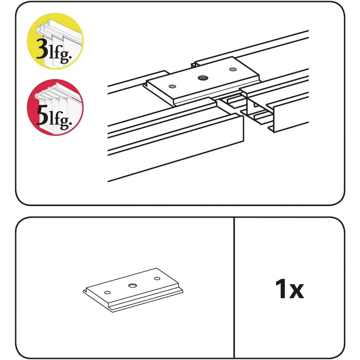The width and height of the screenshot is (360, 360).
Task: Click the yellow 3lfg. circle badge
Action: point(55,41)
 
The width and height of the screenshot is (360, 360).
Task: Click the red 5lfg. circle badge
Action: point(55,107)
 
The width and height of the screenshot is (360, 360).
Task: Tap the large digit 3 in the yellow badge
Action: point(42,48)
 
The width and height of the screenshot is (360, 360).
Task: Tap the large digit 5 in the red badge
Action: point(43,115)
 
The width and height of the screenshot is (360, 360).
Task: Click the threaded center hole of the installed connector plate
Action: point(203,78)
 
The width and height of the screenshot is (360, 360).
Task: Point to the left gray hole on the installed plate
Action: point(172,86)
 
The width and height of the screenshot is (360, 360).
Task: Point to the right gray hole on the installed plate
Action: point(233,69)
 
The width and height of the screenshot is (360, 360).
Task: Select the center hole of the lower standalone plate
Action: point(133,285)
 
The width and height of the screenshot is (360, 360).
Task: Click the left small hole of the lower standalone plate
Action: point(108,292)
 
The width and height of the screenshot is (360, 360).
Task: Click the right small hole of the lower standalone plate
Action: point(157,278)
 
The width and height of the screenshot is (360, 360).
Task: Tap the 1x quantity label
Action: point(290,289)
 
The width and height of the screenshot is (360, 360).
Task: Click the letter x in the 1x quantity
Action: point(296,291)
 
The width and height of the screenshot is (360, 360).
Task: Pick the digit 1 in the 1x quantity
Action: point(281,289)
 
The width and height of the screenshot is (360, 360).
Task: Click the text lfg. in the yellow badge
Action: point(60,53)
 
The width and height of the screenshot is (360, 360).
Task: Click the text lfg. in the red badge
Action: point(60,120)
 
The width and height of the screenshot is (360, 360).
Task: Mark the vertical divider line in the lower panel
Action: point(234,288)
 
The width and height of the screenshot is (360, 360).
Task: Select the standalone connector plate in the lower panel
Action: point(133,290)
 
